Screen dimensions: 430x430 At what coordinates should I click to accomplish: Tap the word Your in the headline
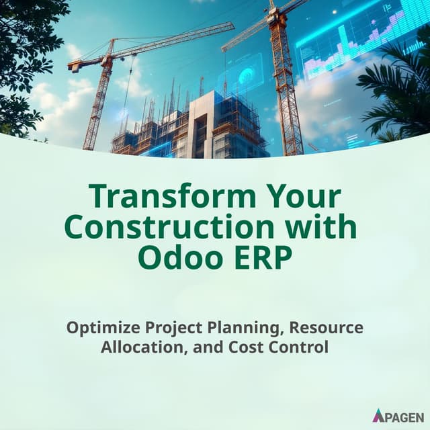point(300,197)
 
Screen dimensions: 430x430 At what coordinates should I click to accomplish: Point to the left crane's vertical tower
point(95,107)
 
